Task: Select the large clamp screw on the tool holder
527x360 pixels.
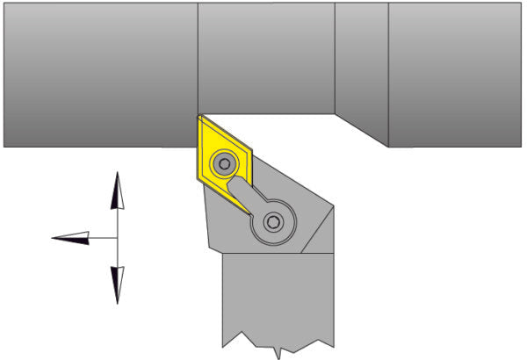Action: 274,223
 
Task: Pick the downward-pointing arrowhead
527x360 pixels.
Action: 117,284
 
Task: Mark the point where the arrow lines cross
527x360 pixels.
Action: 117,237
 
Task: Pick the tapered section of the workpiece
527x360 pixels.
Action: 362,70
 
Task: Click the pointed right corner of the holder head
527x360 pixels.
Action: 333,207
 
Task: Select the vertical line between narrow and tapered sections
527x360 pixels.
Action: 335,58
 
